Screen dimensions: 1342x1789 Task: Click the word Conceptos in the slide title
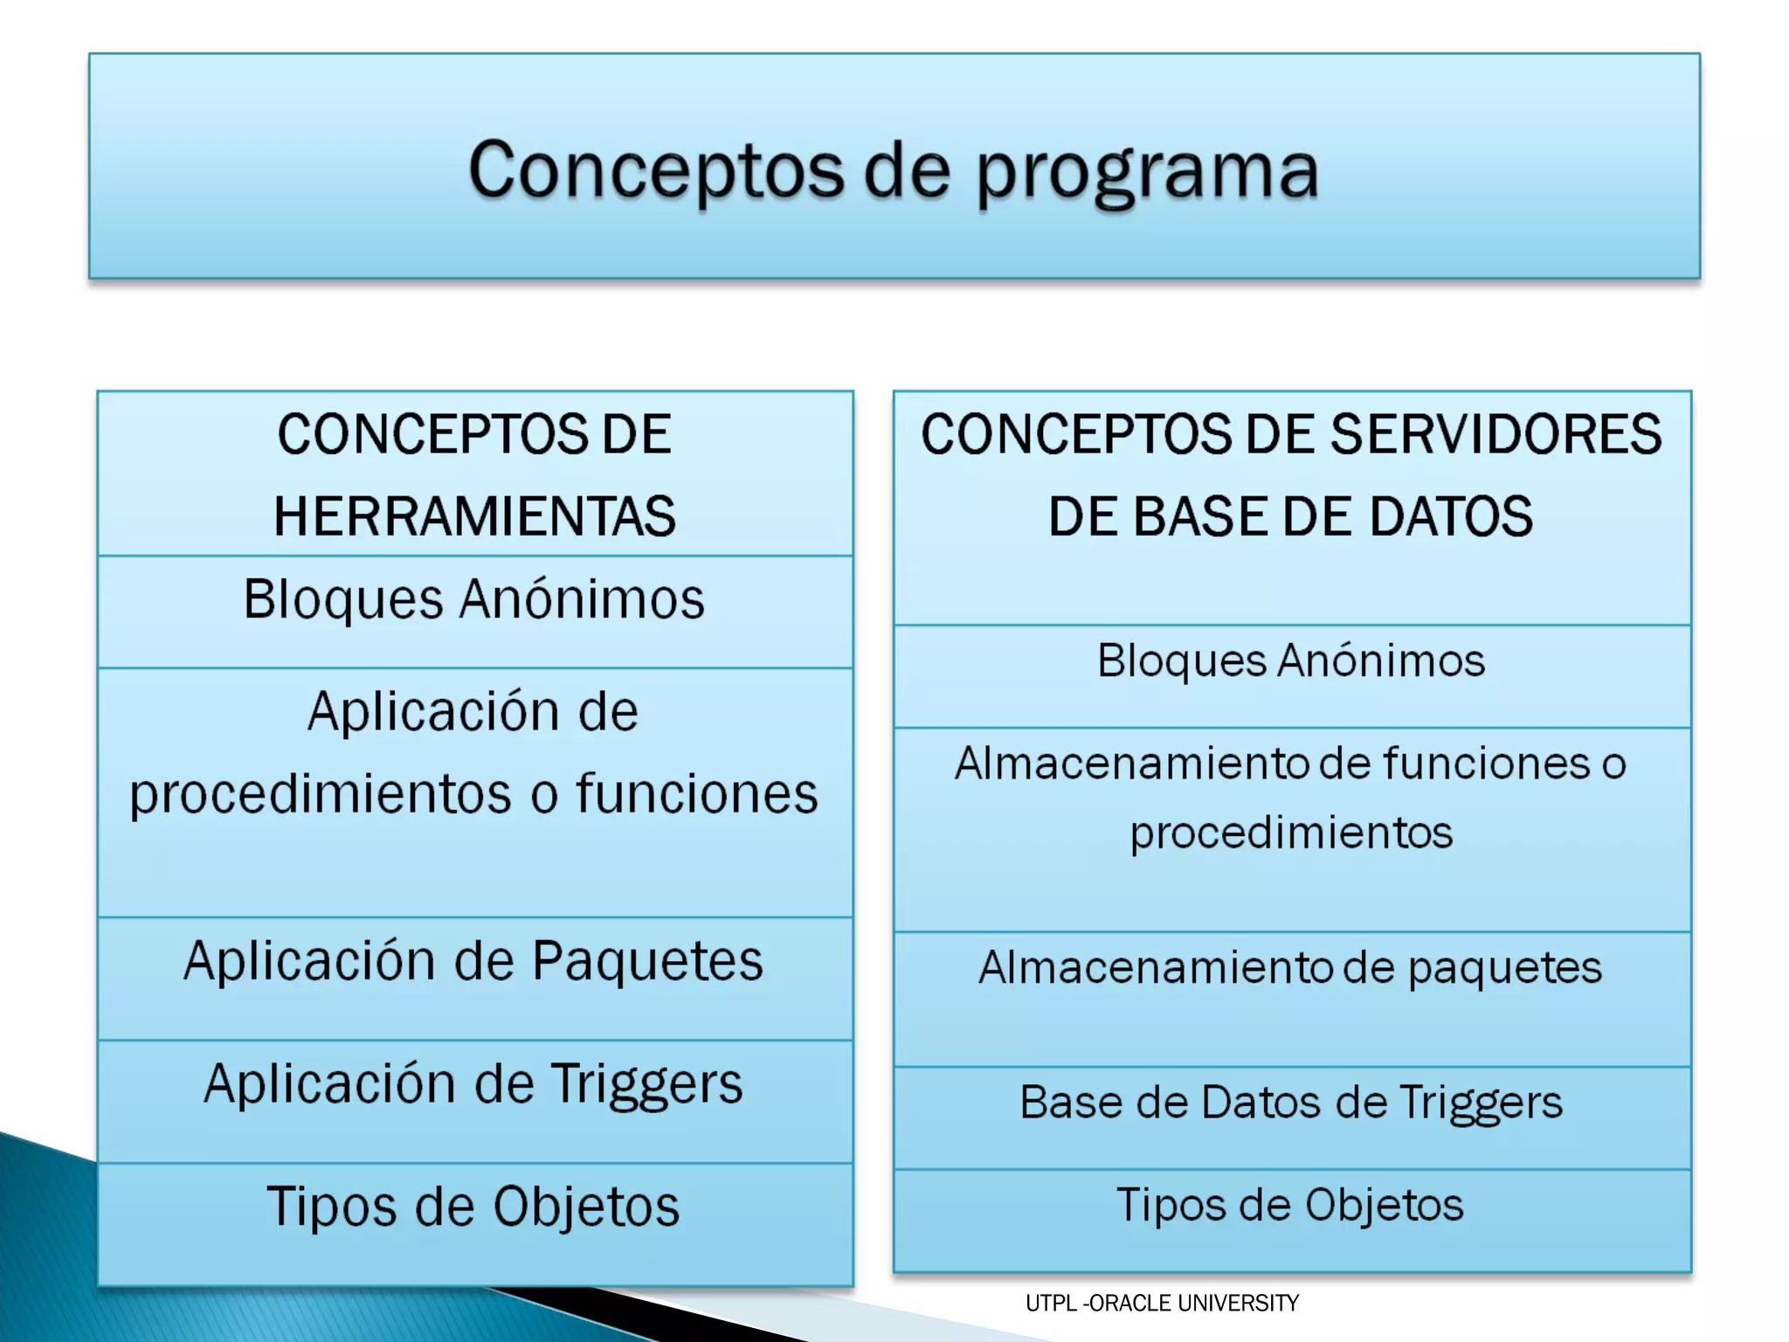656,170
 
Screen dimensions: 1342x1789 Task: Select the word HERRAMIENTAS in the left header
474,516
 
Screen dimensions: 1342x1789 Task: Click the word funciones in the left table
696,794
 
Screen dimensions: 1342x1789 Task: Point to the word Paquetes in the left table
647,962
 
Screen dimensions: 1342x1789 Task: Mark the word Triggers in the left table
647,1085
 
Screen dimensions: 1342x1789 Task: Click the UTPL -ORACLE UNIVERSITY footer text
1162,1304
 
